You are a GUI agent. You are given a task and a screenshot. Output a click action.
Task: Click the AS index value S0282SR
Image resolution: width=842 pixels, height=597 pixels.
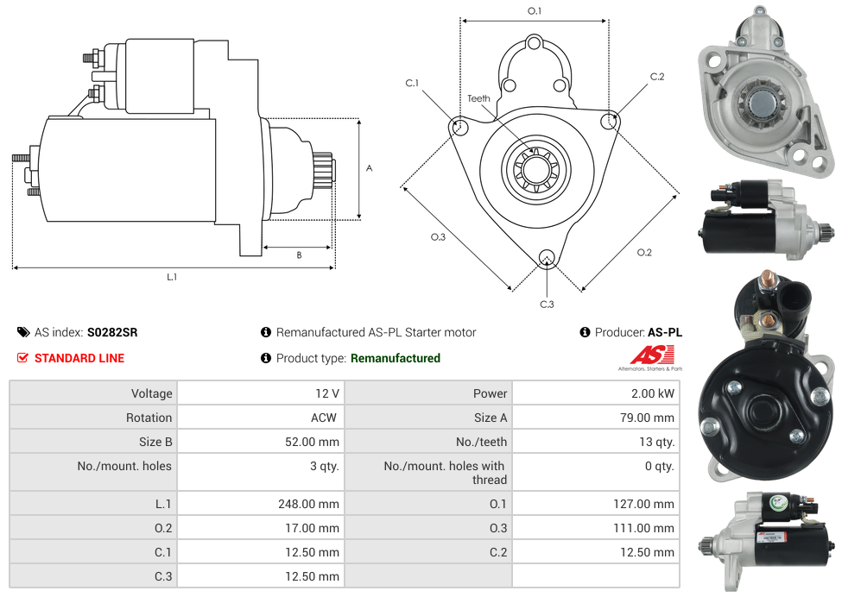coord(112,332)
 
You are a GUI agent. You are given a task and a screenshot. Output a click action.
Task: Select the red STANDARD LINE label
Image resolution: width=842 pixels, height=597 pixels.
coord(79,358)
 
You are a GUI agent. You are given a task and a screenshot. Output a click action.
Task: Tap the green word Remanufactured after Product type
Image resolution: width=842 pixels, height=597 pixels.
coord(395,358)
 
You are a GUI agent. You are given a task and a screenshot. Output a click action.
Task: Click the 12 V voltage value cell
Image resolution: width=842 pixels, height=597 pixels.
coord(326,393)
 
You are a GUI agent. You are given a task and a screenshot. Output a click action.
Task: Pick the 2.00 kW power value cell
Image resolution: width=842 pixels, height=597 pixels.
coord(654,393)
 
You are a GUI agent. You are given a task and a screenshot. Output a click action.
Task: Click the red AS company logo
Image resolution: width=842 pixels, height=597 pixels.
coord(649,355)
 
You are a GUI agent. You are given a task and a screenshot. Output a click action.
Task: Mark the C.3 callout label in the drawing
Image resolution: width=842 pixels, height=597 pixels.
coord(547,304)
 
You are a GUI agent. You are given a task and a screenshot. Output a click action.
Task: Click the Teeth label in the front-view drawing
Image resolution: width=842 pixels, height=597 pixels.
coord(478,98)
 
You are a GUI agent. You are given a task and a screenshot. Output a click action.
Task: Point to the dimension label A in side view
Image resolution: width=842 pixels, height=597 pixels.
coord(370,168)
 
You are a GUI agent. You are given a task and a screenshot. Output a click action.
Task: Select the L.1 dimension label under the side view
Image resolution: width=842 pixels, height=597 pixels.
coord(172,277)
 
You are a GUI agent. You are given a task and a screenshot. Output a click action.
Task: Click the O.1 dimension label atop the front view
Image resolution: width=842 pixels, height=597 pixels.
coord(535,10)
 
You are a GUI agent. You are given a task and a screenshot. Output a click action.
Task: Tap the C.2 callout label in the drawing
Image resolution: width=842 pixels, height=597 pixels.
coord(657,77)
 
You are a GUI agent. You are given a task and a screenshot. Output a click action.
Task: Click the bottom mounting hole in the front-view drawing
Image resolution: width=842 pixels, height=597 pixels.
coord(546,257)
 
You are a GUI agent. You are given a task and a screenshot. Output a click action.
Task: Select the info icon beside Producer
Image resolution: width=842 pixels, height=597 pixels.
coord(585,332)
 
